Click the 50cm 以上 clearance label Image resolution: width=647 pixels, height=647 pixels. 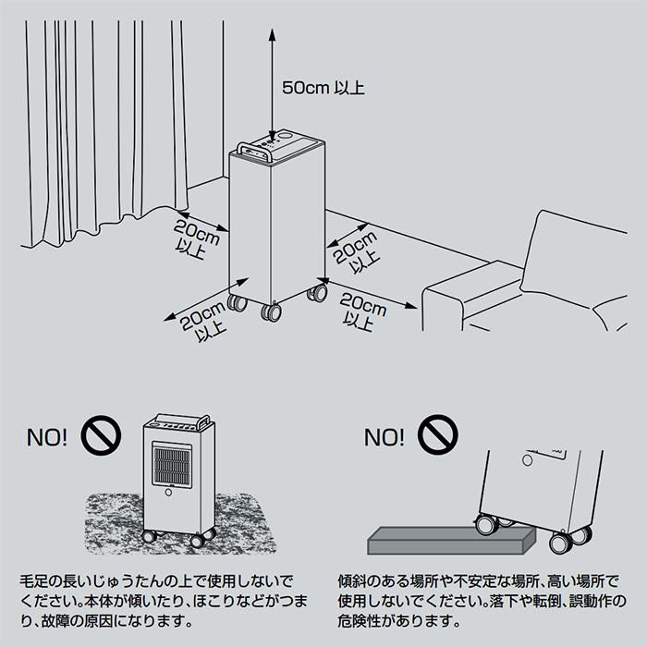(323, 89)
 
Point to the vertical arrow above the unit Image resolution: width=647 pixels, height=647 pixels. (271, 83)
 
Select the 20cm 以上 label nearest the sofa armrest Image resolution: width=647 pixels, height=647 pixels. (363, 311)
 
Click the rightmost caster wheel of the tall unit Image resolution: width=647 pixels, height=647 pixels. (317, 293)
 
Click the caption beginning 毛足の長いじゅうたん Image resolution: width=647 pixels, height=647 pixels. (157, 602)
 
